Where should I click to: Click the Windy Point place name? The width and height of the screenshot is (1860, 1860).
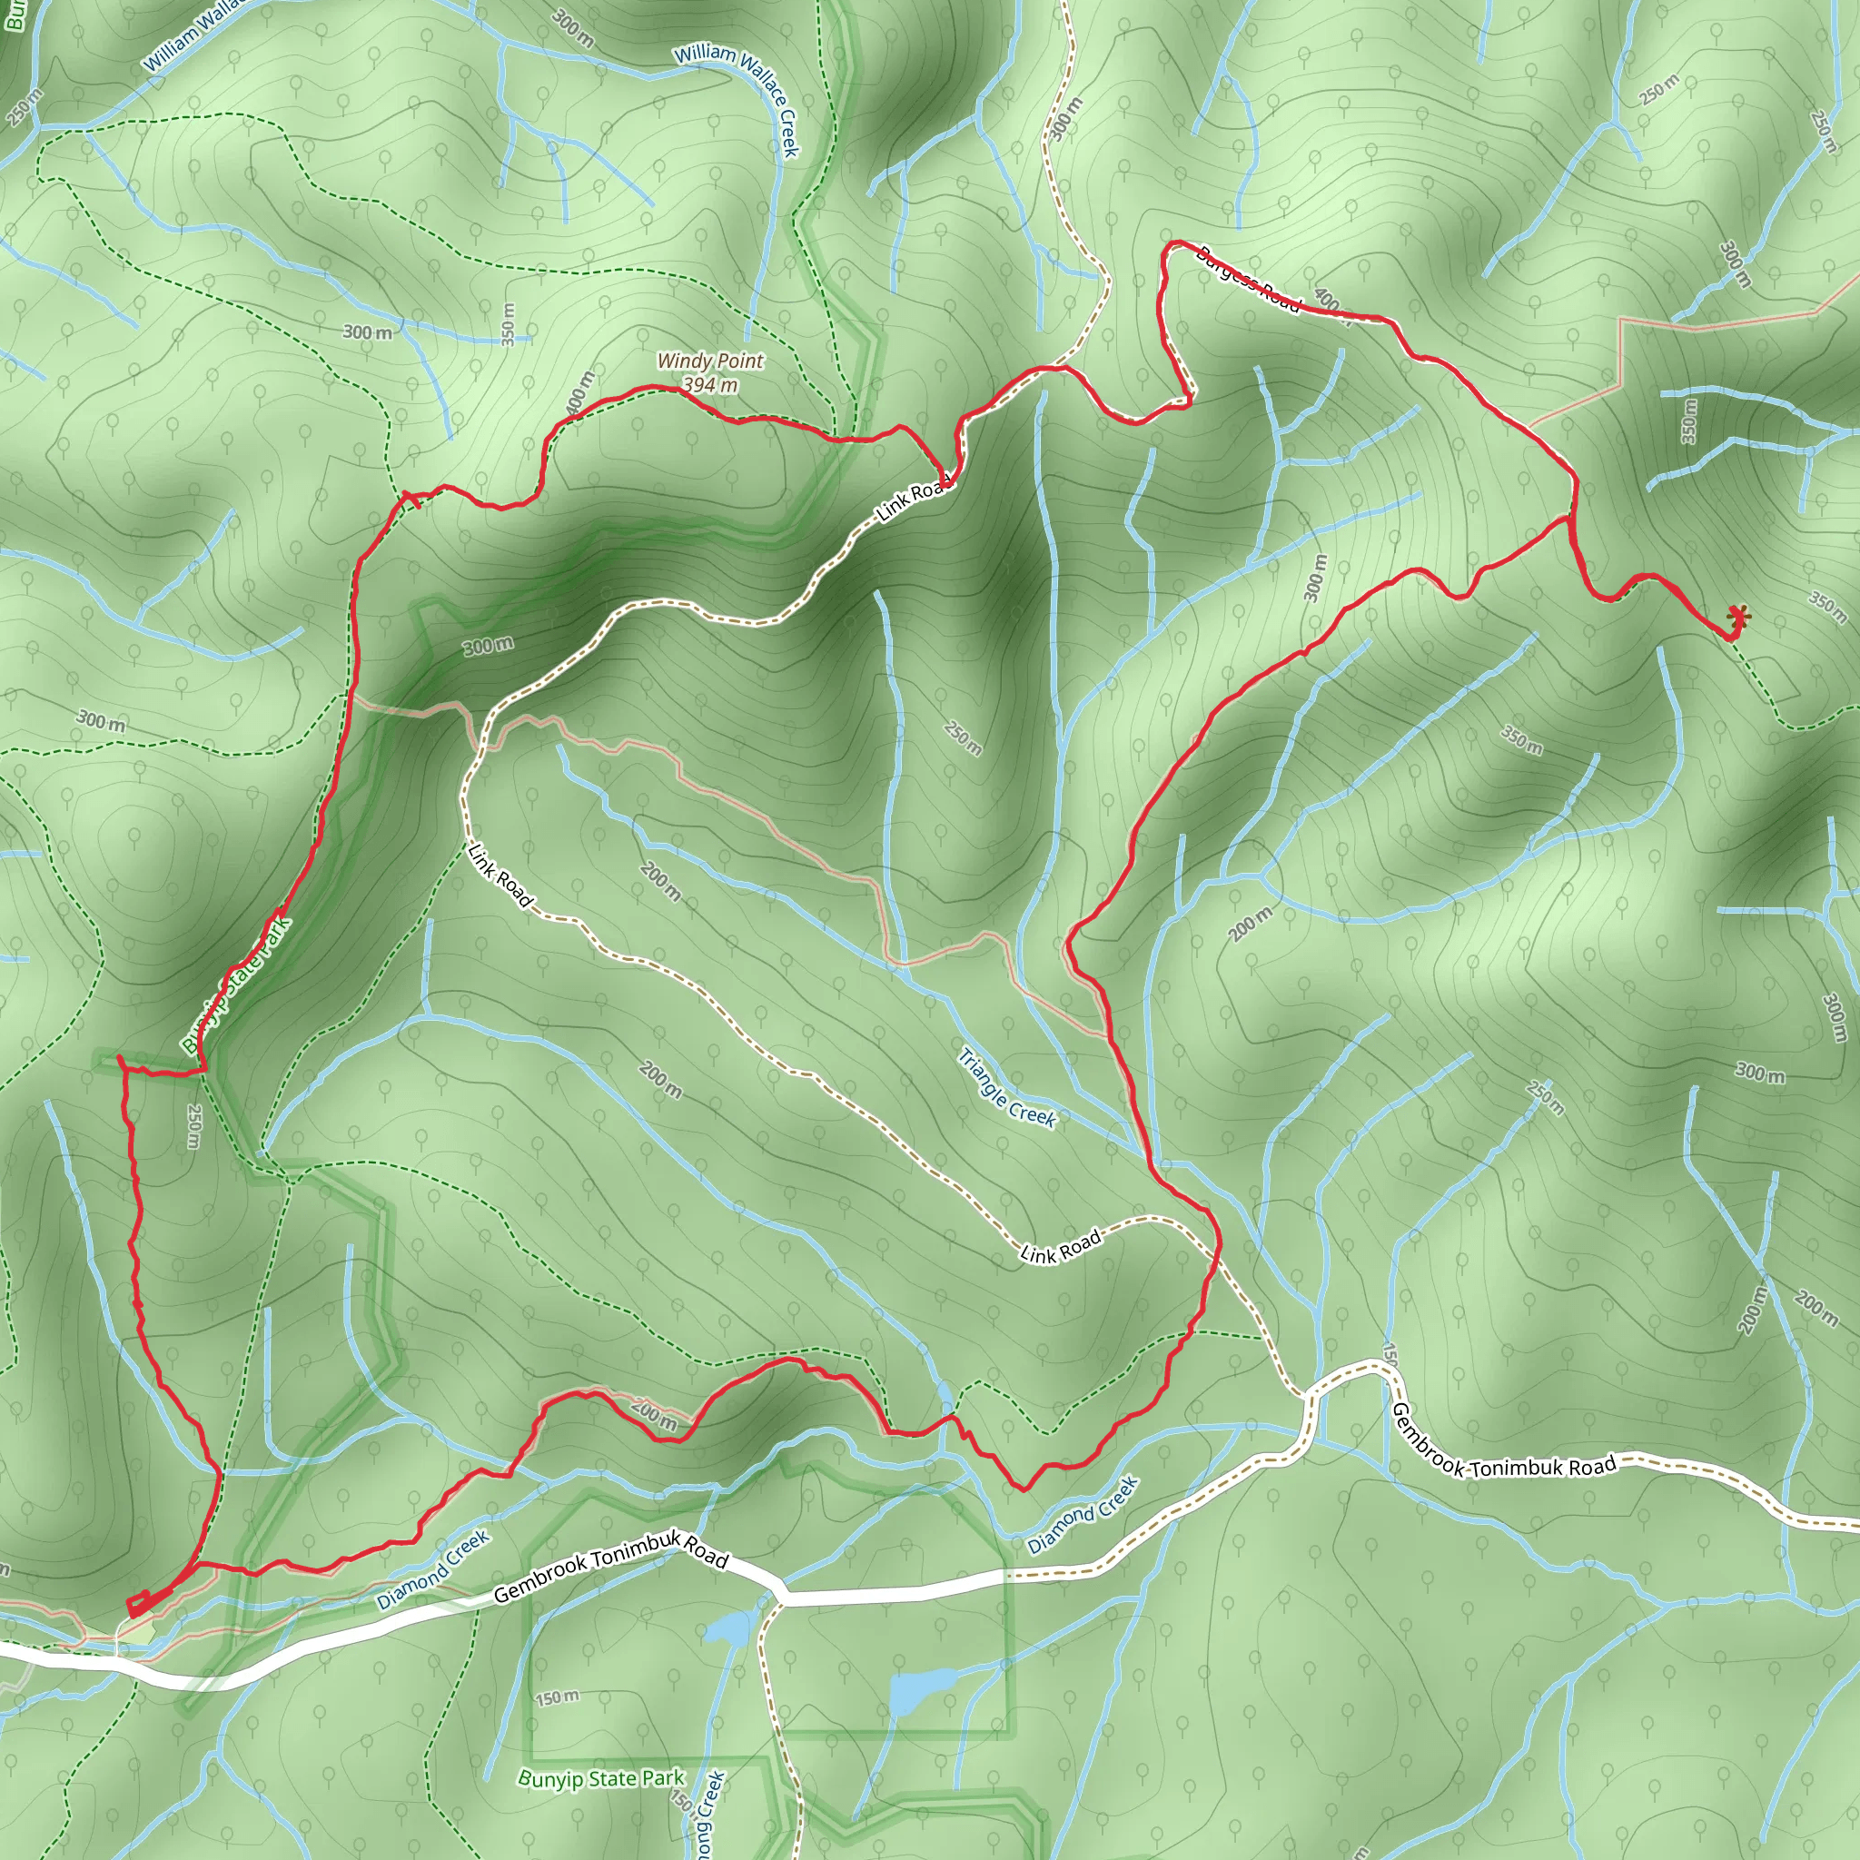[710, 361]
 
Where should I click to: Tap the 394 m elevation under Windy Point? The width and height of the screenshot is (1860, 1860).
[710, 385]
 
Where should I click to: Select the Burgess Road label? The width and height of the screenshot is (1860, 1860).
[1248, 279]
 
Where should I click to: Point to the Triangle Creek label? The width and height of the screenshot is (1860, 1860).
[1007, 1088]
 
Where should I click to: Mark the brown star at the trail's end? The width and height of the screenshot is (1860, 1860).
[1737, 615]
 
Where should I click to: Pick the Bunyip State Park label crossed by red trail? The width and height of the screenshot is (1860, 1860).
[237, 984]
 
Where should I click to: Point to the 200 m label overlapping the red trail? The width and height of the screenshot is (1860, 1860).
[655, 1414]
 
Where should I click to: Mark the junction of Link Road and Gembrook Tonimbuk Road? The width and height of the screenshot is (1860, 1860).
[1305, 1393]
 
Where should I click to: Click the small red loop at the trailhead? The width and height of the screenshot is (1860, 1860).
[139, 1604]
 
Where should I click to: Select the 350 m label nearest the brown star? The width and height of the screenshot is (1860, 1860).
[1826, 605]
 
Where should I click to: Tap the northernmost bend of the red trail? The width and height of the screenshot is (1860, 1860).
[1175, 242]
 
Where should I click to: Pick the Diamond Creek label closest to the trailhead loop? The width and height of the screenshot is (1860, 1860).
[433, 1570]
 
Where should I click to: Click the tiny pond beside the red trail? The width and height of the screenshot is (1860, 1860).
[945, 1395]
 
